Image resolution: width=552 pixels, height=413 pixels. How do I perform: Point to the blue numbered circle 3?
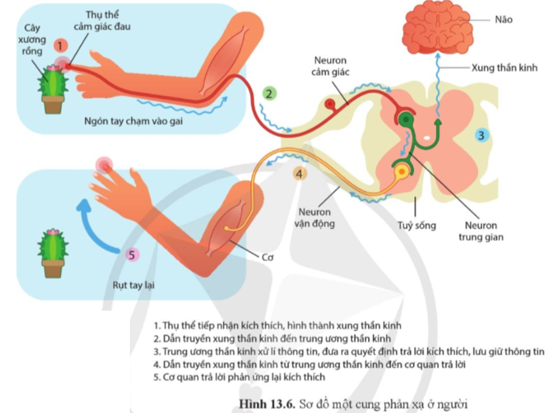482,135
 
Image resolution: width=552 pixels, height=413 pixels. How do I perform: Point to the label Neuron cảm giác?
330,67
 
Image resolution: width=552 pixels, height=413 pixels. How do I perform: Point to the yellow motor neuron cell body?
400,174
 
